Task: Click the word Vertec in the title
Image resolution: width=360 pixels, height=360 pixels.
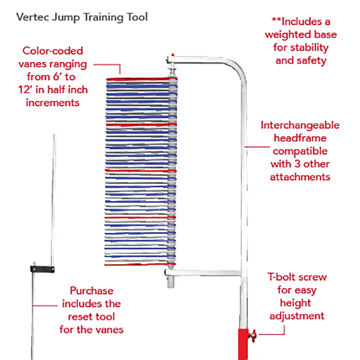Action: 31,17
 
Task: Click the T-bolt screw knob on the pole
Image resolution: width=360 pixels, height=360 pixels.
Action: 253,335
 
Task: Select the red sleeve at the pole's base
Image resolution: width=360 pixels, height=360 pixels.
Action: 244,344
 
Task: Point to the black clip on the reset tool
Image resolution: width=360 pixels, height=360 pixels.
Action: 42,269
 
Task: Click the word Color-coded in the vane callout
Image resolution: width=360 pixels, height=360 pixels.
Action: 53,51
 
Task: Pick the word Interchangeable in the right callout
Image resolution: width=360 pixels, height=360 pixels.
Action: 300,125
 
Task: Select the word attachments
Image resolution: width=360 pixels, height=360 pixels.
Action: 300,177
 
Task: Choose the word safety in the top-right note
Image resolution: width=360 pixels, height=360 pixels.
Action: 312,60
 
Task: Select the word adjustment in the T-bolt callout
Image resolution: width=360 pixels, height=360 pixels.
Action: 297,316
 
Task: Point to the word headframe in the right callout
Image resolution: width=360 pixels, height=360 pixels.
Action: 300,138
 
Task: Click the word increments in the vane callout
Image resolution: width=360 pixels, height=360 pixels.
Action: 53,102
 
